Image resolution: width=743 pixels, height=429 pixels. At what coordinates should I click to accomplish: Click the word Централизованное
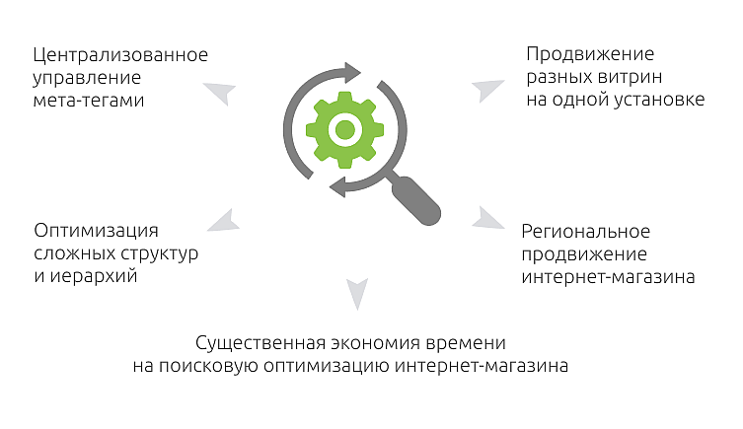(120, 54)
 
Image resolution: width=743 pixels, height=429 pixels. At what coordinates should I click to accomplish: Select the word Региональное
(585, 231)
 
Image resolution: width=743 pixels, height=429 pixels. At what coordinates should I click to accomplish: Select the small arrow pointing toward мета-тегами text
(221, 93)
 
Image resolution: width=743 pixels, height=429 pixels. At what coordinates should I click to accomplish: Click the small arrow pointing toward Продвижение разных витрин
(487, 90)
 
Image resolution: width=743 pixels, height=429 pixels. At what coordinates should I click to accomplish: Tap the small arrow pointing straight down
(356, 290)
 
